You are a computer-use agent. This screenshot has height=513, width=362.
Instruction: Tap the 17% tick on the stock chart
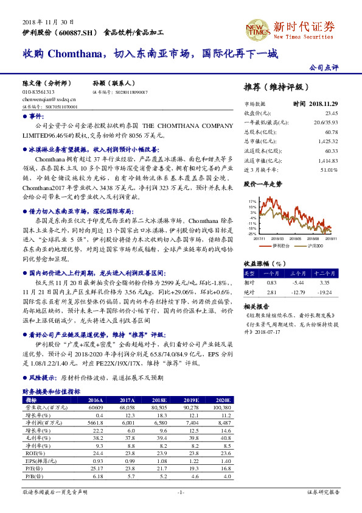point(252,200)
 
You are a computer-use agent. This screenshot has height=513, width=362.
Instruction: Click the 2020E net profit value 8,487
point(223,422)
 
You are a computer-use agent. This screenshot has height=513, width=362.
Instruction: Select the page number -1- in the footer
point(181,491)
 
